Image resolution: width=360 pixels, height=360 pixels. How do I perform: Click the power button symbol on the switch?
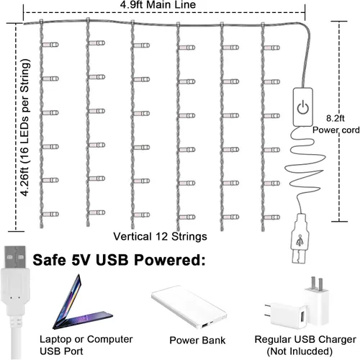pyautogui.click(x=303, y=107)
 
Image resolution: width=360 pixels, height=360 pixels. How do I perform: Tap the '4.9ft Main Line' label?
pyautogui.click(x=158, y=5)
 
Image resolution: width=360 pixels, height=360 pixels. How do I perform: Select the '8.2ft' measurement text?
pyautogui.click(x=335, y=118)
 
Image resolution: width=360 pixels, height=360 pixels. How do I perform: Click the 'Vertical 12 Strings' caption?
pyautogui.click(x=160, y=236)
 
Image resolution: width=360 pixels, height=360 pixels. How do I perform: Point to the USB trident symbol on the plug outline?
pyautogui.click(x=300, y=240)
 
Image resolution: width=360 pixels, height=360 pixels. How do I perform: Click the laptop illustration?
pyautogui.click(x=81, y=305)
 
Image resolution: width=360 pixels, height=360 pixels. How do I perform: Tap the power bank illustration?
pyautogui.click(x=189, y=307)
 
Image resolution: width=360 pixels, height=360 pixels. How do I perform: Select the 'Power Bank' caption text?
pyautogui.click(x=197, y=341)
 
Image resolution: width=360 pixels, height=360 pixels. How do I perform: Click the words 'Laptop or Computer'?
pyautogui.click(x=86, y=339)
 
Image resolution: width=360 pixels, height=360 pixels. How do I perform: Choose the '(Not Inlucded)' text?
pyautogui.click(x=300, y=351)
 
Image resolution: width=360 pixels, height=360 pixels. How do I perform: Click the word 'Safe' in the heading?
pyautogui.click(x=49, y=260)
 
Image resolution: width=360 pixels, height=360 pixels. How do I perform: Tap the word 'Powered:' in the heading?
pyautogui.click(x=169, y=260)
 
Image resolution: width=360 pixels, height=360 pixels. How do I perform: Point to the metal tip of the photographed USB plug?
pyautogui.click(x=15, y=257)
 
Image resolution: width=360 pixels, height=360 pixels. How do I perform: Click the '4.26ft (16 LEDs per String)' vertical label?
pyautogui.click(x=25, y=127)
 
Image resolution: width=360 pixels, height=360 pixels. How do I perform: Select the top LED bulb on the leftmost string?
pyautogui.click(x=50, y=45)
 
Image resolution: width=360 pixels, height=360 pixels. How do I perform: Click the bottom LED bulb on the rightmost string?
pyautogui.click(x=272, y=217)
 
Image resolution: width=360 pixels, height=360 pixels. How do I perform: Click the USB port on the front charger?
pyautogui.click(x=302, y=317)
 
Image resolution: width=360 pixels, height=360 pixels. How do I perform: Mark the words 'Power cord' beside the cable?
pyautogui.click(x=336, y=130)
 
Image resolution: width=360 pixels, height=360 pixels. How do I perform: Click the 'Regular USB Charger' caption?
pyautogui.click(x=305, y=340)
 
